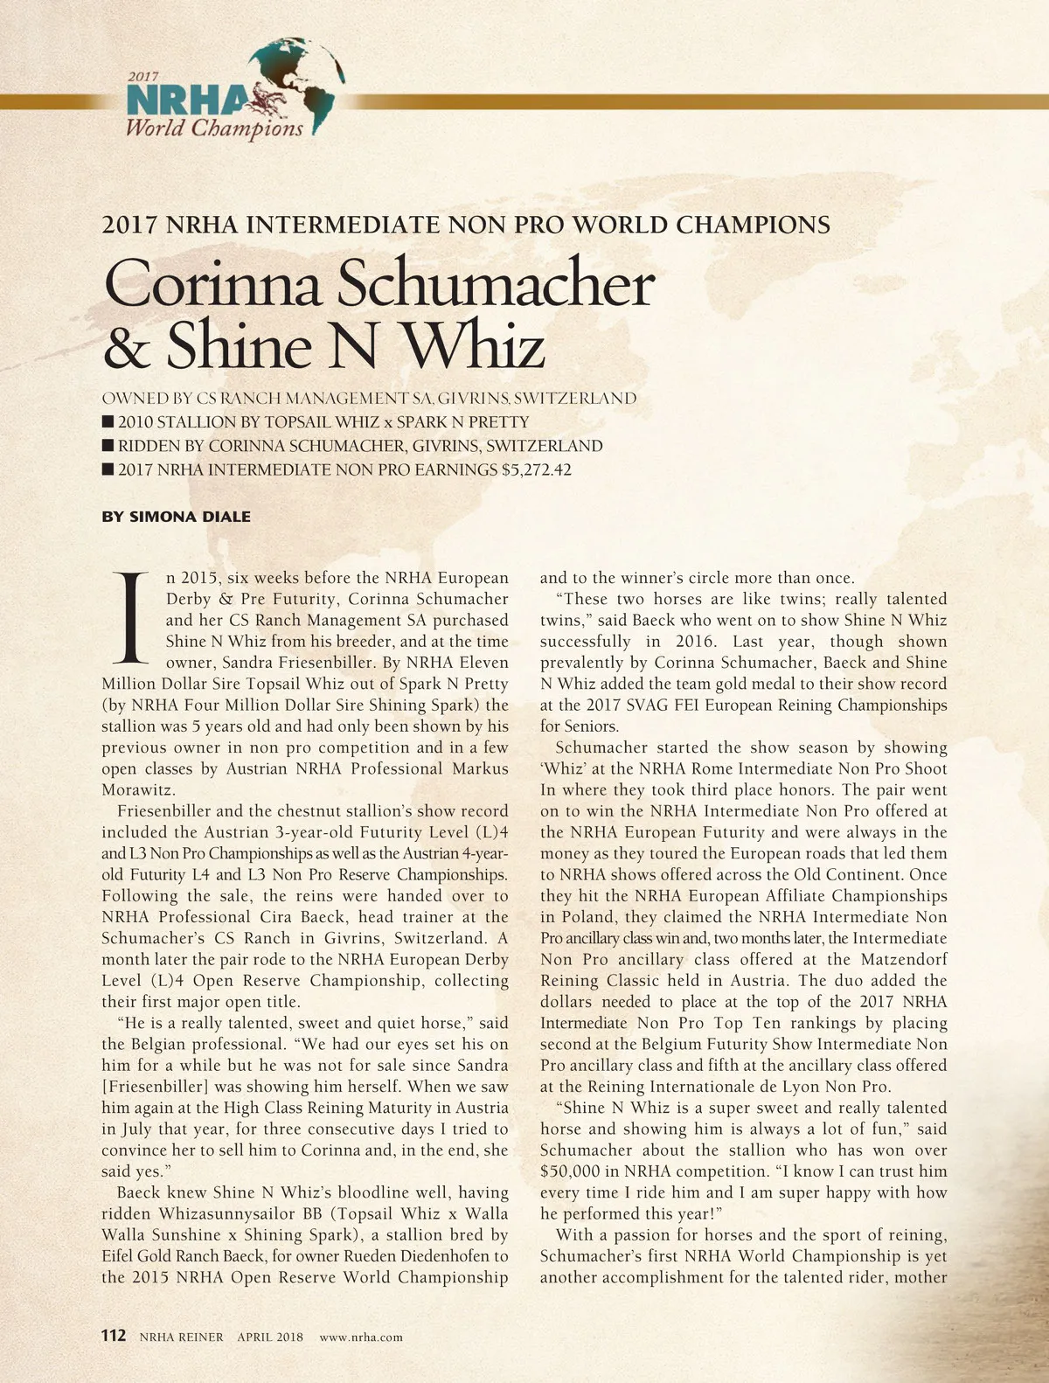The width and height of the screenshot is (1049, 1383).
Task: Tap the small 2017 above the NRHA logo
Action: click(143, 77)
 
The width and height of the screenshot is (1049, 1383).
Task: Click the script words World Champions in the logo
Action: click(214, 129)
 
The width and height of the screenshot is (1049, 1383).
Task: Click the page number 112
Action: click(114, 1336)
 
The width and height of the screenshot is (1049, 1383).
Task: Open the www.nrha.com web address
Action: click(361, 1337)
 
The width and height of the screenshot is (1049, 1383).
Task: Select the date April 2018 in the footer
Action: click(270, 1337)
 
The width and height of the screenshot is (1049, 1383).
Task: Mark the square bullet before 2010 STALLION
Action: click(108, 421)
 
